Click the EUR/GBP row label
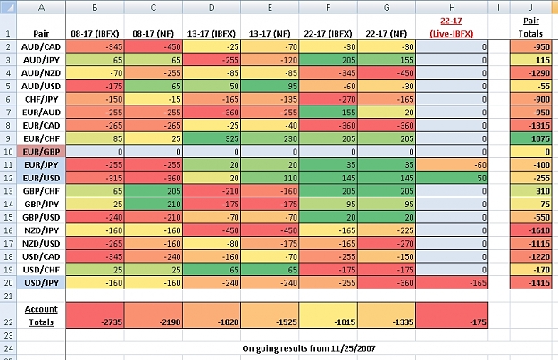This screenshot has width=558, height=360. click(41, 152)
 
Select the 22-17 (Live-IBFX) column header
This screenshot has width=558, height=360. click(451, 27)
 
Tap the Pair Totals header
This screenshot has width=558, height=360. click(530, 27)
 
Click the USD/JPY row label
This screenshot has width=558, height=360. click(41, 283)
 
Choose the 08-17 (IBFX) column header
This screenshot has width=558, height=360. click(95, 34)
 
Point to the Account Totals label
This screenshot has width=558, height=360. click(41, 315)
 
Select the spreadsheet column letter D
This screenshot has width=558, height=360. click(212, 7)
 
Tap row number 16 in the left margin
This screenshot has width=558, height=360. click(8, 230)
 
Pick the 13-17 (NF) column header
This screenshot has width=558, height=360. click(270, 34)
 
